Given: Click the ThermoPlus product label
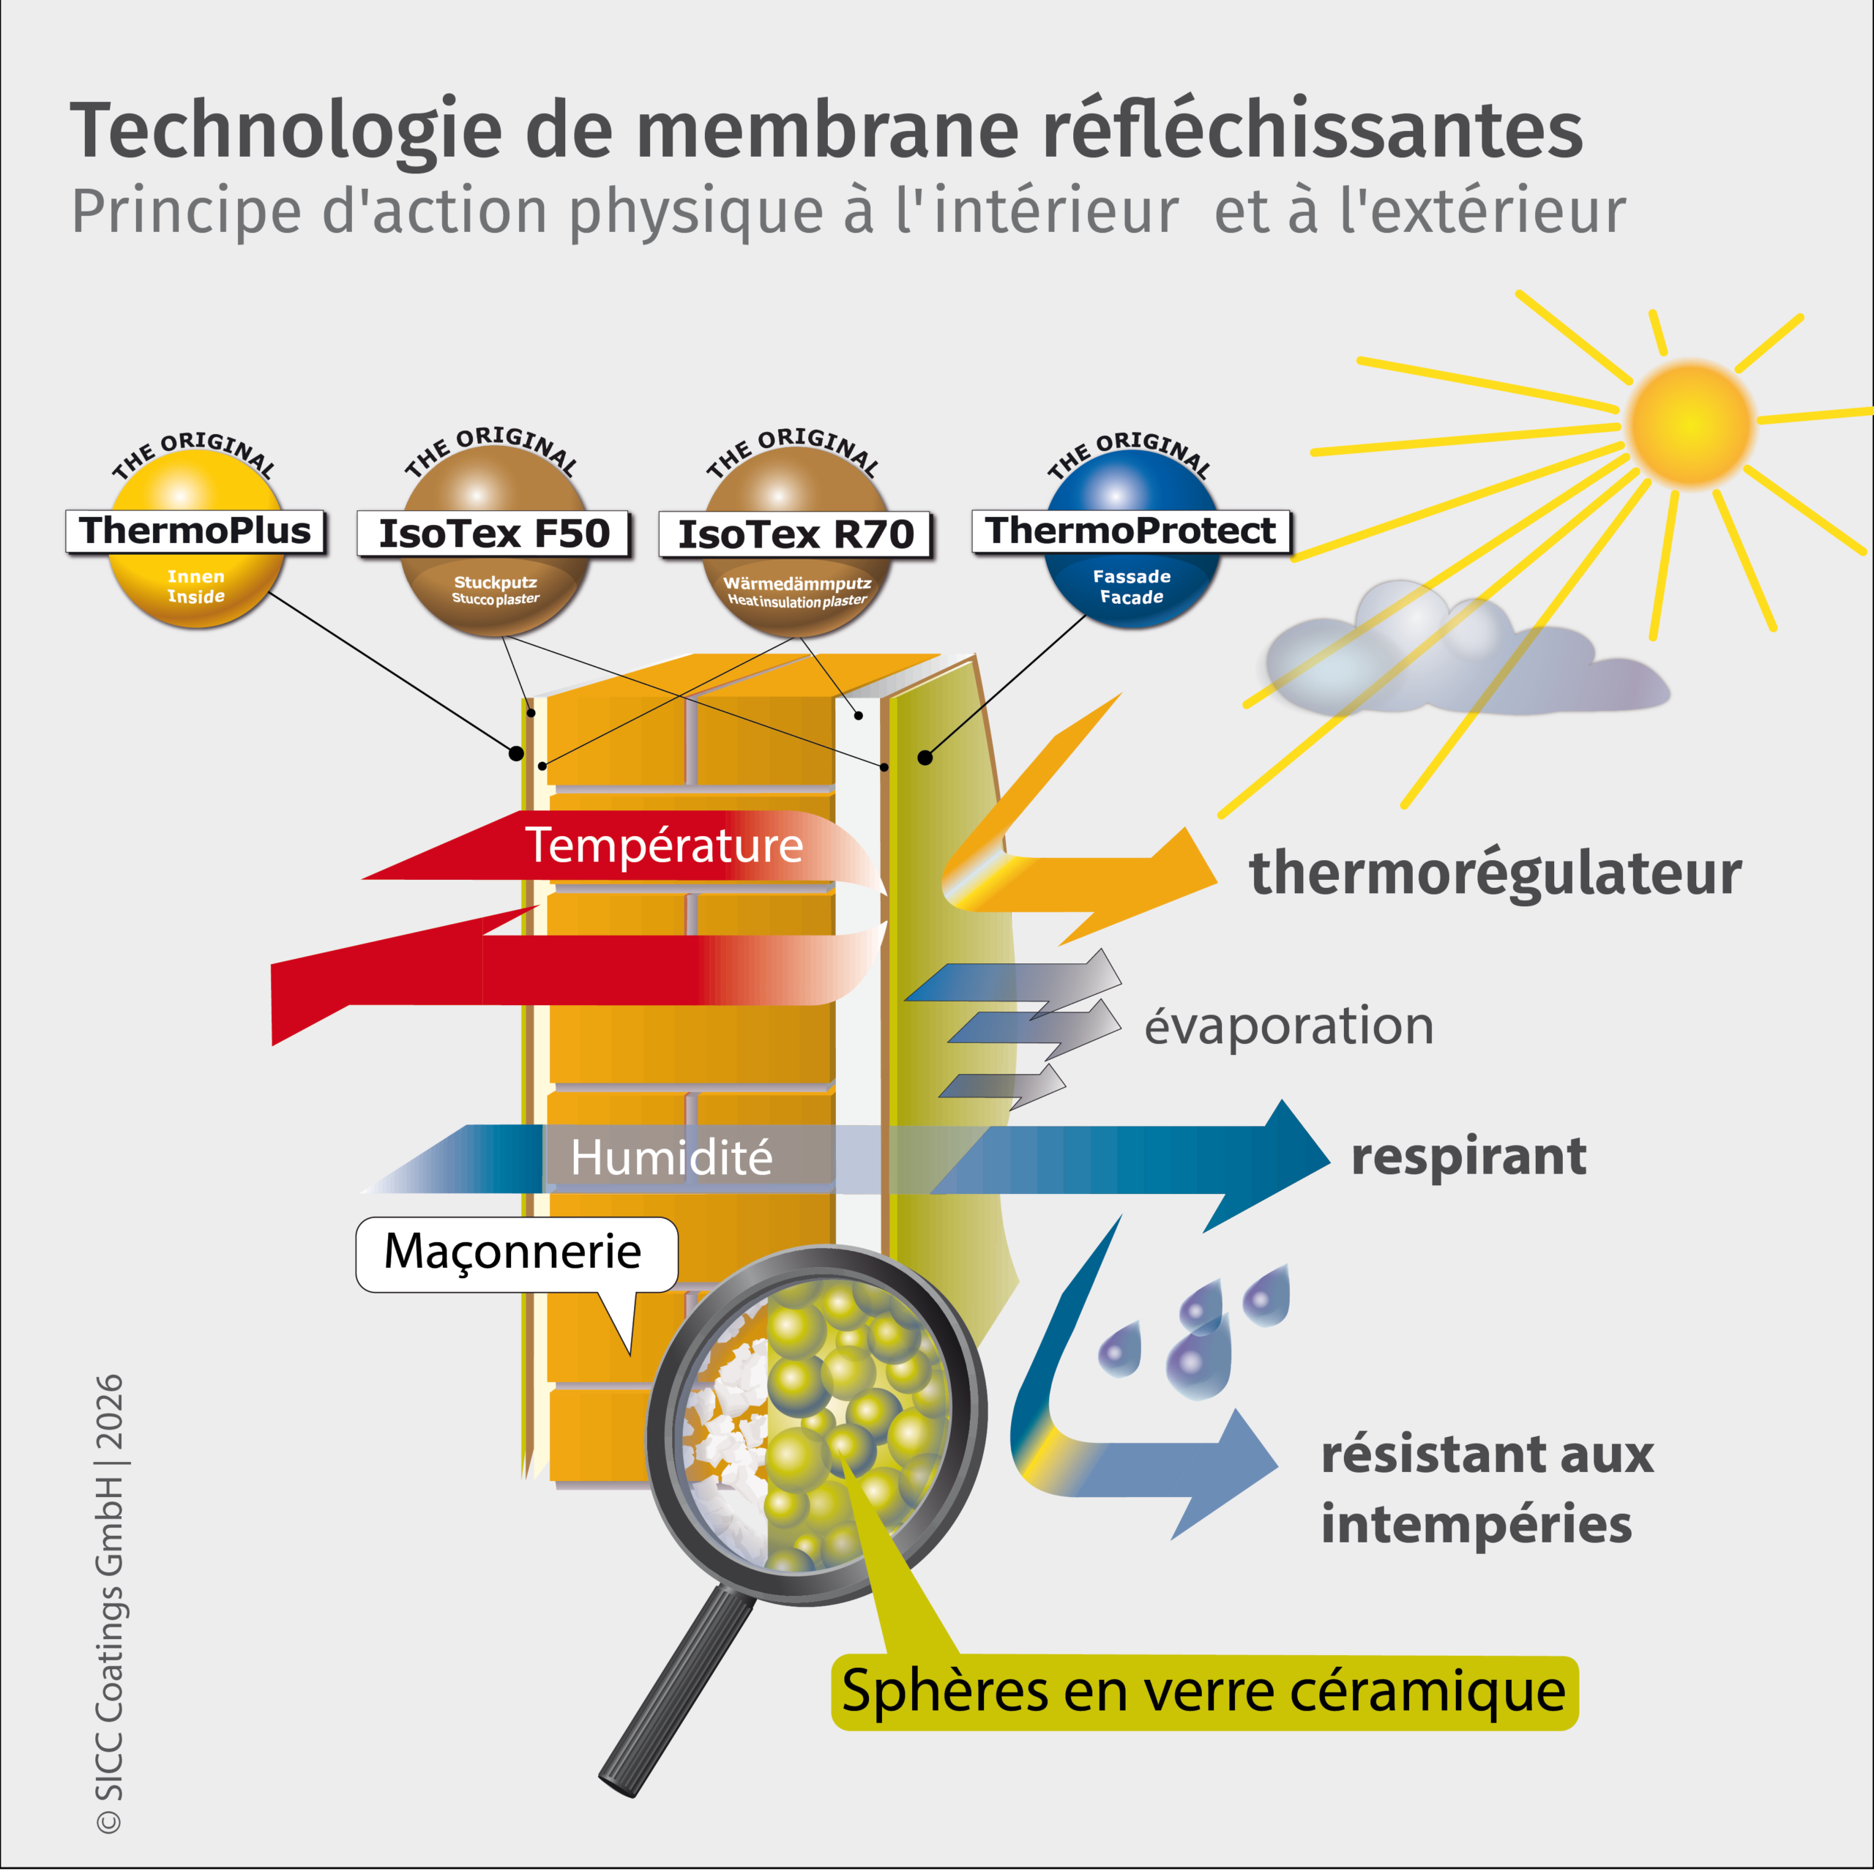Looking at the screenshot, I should [195, 531].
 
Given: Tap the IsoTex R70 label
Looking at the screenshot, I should [796, 534].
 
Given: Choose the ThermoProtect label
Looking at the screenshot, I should [1131, 531].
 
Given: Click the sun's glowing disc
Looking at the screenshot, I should [1692, 423].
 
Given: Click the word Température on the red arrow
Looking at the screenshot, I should [665, 845].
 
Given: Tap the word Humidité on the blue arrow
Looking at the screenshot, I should [671, 1157].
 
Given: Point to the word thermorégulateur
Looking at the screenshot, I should [1495, 873].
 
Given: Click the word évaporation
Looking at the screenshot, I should [1289, 1026].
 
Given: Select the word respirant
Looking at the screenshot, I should [1468, 1156].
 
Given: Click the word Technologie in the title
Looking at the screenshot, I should [286, 131].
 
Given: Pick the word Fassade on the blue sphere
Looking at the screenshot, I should [1131, 576].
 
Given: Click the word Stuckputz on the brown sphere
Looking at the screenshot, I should [495, 582].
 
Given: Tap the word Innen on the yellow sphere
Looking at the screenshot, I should [196, 576].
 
